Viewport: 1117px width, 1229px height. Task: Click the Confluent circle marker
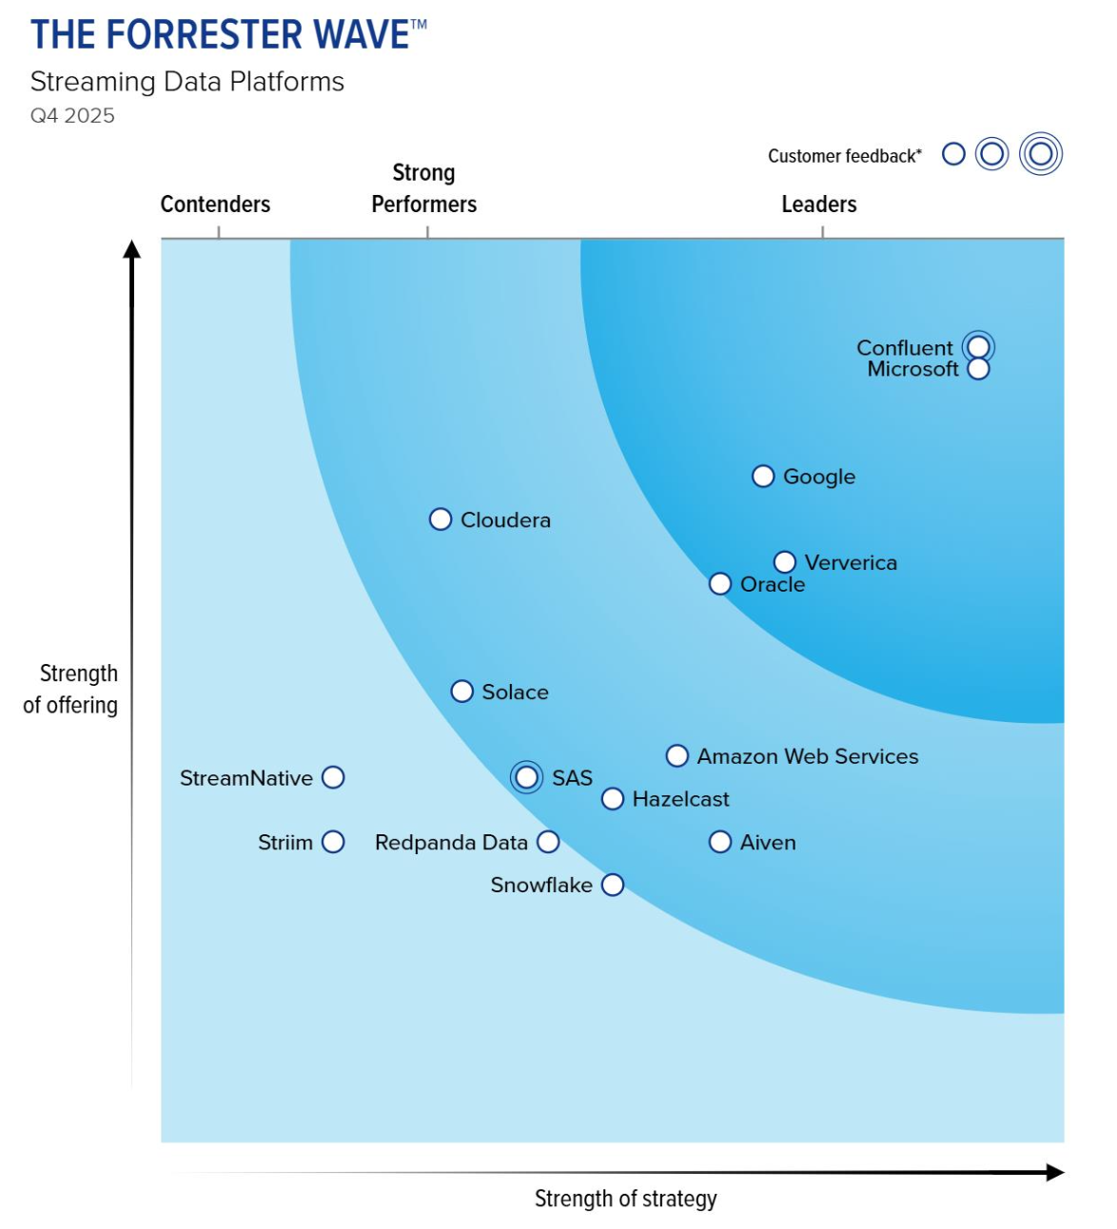[978, 347]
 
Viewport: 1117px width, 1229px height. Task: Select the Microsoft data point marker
[978, 369]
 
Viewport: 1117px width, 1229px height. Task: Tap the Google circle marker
[763, 477]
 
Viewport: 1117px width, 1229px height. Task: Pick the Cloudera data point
[441, 519]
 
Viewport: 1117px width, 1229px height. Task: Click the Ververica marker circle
[785, 562]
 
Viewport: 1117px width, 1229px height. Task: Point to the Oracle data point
[720, 584]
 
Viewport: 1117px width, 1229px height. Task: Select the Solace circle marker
[461, 692]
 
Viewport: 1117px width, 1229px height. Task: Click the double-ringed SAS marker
[526, 777]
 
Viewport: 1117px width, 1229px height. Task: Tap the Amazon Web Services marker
[676, 756]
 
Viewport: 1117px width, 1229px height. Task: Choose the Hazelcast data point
[613, 799]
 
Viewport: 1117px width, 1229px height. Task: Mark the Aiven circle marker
[720, 842]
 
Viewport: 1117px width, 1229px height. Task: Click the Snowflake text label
[540, 886]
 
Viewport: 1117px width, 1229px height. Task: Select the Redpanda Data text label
[451, 843]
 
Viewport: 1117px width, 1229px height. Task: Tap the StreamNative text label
[246, 778]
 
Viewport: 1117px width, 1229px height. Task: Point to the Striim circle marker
[333, 842]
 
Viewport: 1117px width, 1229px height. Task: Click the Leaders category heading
[818, 205]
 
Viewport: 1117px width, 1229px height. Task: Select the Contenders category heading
[215, 205]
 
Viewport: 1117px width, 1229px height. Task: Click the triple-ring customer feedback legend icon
[1040, 154]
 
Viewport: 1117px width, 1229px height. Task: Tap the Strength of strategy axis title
[625, 1199]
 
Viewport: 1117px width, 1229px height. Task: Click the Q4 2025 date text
[72, 116]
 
